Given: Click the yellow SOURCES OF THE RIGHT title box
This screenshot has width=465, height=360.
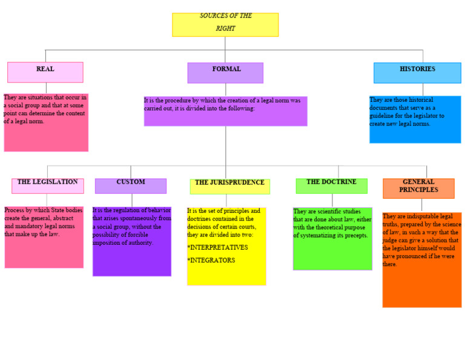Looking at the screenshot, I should (225, 24).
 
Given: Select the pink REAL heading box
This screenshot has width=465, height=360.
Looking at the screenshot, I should (45, 72).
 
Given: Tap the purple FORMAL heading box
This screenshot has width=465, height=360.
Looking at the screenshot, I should (225, 73).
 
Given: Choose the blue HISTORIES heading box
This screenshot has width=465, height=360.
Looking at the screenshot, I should (417, 73).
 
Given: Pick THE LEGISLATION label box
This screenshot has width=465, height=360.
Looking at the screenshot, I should (47, 185).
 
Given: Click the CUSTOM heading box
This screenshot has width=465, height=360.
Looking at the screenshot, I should (131, 185).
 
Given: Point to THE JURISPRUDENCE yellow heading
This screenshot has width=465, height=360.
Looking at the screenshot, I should (229, 186).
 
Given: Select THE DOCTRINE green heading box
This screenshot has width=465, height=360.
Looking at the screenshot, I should (331, 185).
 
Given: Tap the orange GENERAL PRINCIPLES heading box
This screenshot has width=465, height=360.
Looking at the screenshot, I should (418, 188).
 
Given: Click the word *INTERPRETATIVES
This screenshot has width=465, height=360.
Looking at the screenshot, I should (217, 247).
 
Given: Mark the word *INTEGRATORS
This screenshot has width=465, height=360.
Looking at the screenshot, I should (211, 260).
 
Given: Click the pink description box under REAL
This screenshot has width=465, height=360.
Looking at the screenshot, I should (46, 122).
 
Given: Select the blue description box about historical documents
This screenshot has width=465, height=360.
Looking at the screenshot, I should (415, 119).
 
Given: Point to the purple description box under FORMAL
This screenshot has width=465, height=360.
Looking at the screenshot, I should (225, 111).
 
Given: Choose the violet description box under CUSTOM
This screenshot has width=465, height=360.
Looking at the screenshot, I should (132, 241).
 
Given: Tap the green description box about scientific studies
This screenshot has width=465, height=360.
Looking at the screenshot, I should (332, 239).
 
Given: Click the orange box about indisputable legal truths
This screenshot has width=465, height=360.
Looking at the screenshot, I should (421, 259).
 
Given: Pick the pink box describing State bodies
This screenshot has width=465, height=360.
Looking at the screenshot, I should (44, 237).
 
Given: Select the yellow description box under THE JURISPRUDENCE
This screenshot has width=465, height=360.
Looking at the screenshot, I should (226, 246).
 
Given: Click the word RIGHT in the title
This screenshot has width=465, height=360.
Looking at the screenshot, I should (225, 28).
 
